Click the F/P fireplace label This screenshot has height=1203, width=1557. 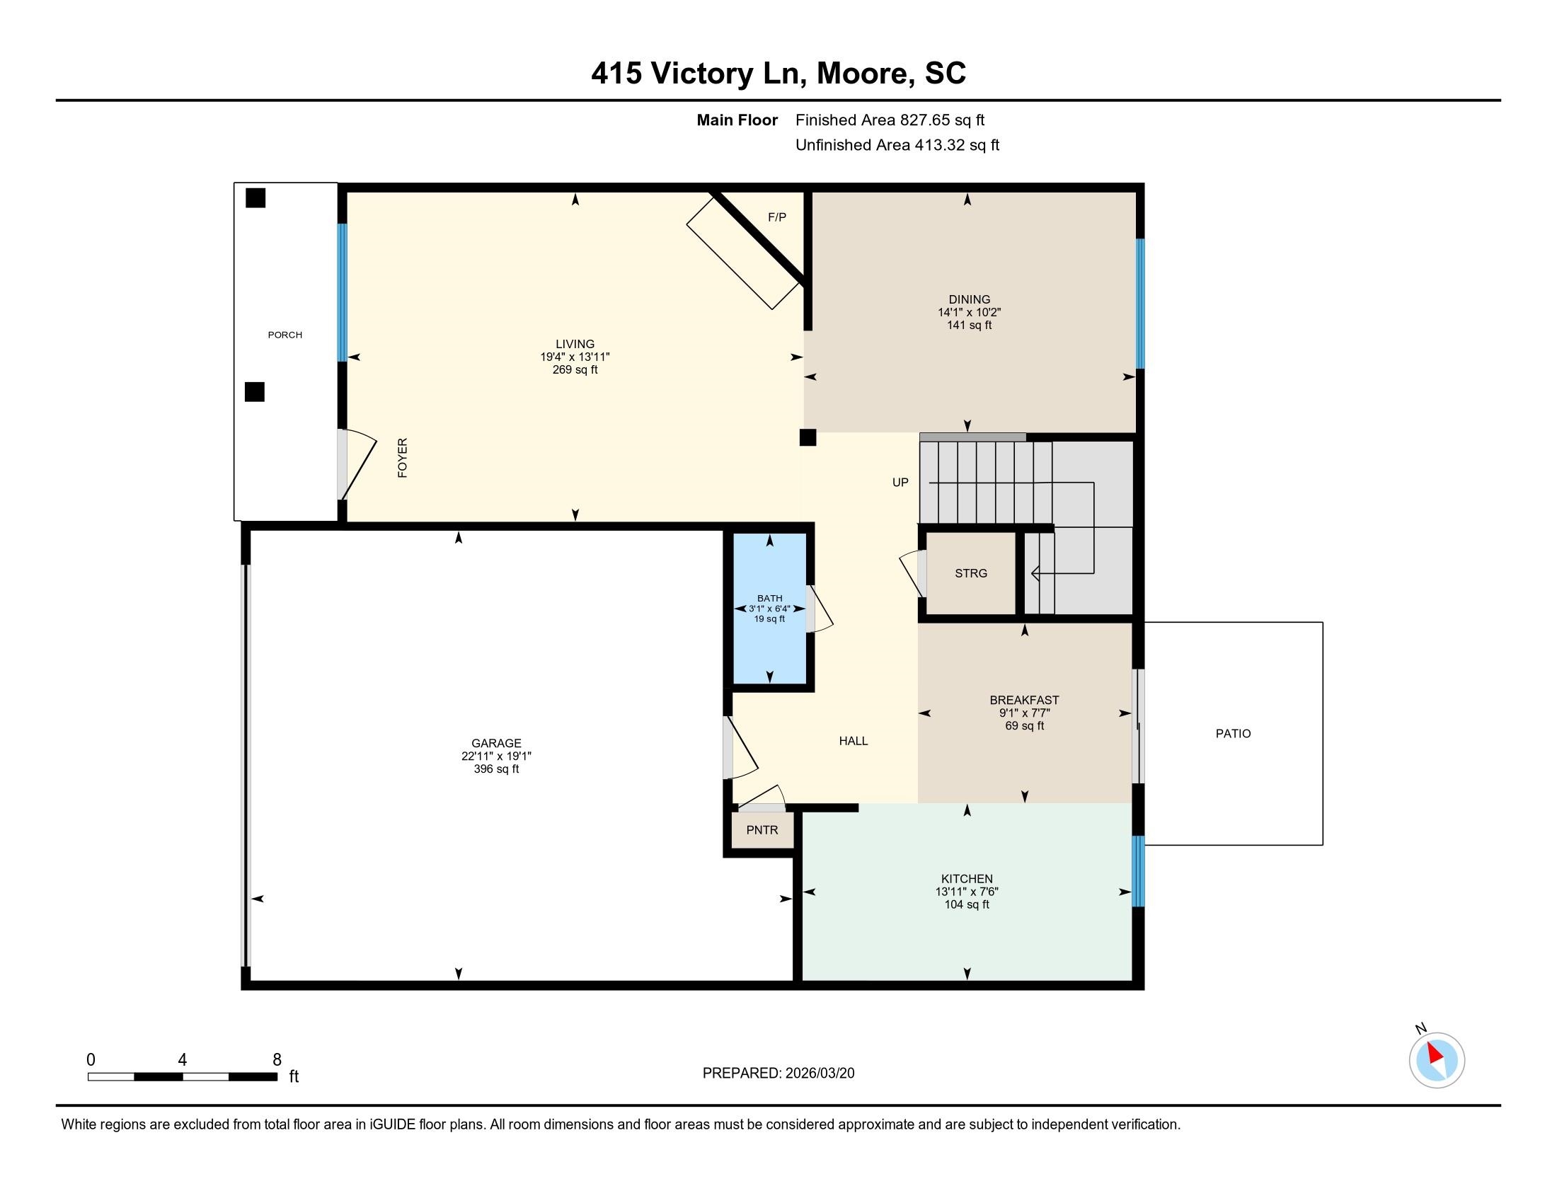(776, 217)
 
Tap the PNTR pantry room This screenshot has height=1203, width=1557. (762, 830)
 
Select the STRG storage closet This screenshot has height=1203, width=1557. (970, 573)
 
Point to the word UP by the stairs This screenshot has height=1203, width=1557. (900, 483)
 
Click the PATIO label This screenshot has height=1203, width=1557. (1233, 733)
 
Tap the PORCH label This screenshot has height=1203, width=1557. (285, 335)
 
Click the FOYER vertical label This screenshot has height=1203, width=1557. (402, 458)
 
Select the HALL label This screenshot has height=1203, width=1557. (853, 741)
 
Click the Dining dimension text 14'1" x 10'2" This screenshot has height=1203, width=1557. (969, 312)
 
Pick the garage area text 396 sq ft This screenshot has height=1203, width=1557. (496, 769)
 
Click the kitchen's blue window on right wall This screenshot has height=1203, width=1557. (1138, 870)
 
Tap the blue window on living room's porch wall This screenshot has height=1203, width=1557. (343, 292)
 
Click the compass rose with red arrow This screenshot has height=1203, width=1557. (1437, 1061)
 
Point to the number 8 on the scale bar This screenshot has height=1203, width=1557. (277, 1060)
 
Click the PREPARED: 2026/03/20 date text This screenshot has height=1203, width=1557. (778, 1074)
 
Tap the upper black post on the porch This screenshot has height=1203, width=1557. (255, 198)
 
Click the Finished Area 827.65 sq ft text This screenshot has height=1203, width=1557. (890, 120)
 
